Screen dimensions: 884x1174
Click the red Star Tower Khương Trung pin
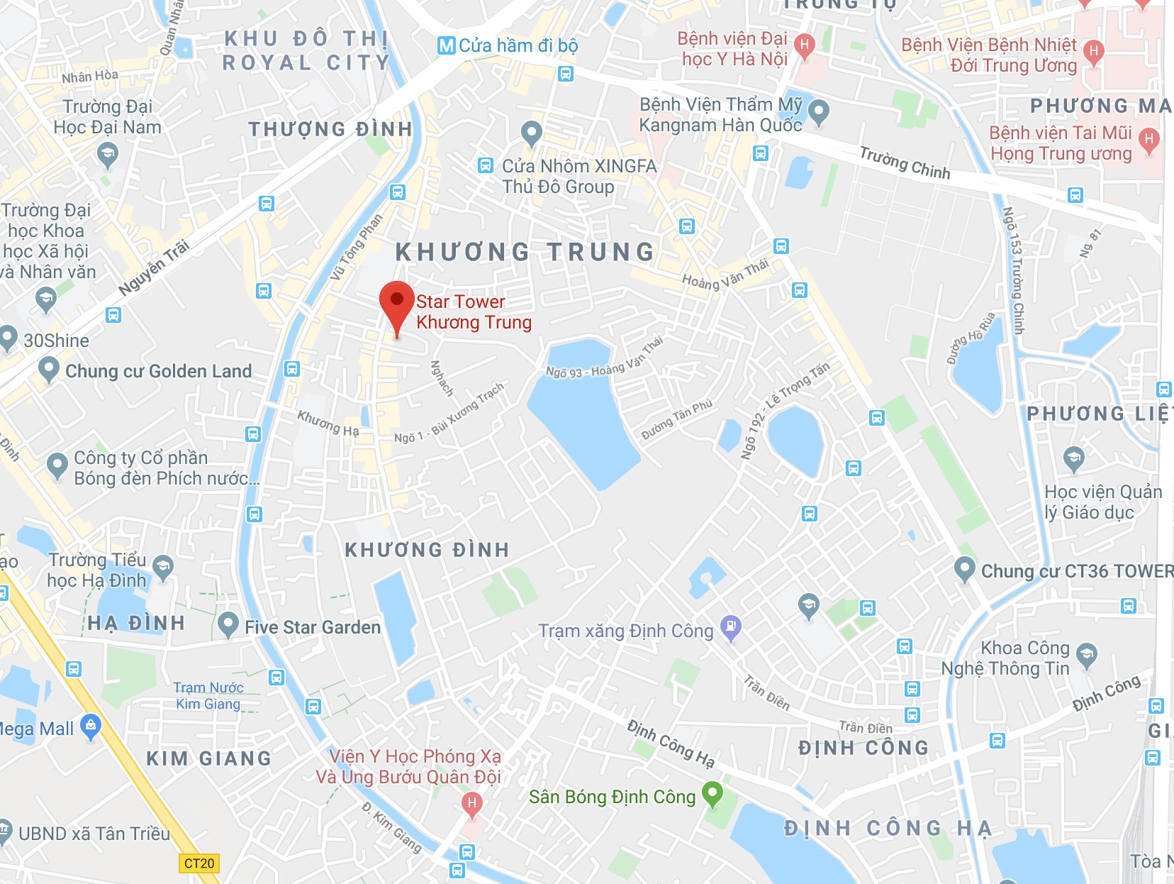396,302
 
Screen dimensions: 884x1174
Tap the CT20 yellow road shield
199,863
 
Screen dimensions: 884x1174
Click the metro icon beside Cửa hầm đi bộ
446,46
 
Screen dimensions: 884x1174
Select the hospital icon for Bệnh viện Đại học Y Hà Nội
803,45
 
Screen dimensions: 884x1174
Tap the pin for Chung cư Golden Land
48,369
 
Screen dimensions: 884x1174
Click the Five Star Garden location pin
228,624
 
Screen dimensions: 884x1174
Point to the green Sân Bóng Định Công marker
712,793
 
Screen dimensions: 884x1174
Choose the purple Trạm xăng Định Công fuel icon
730,627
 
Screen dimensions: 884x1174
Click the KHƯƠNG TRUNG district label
525,252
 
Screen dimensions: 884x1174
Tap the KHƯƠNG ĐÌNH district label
427,550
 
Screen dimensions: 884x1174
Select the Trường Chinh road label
905,162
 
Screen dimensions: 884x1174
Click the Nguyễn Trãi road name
154,267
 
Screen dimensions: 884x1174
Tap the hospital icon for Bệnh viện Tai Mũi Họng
1148,139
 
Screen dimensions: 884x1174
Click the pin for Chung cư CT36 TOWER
964,569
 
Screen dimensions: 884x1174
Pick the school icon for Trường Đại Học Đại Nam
108,154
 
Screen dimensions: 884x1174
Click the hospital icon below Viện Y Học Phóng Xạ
471,804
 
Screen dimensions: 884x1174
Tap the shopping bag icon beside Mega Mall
91,726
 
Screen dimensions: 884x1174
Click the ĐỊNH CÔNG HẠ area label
888,828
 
